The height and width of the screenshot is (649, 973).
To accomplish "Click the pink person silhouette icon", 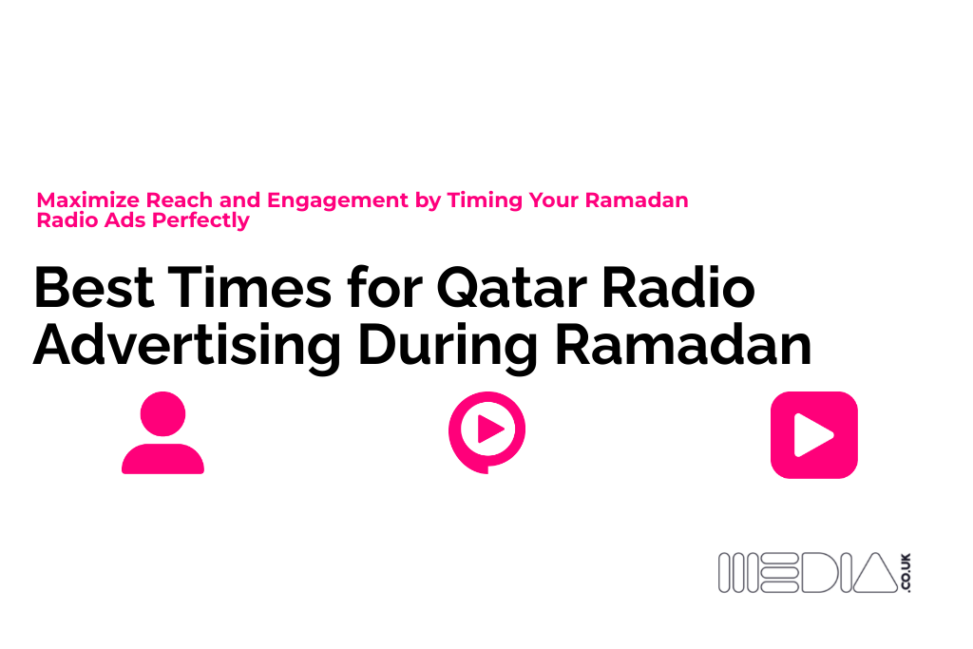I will pyautogui.click(x=162, y=433).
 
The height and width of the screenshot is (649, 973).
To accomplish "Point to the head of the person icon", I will pyautogui.click(x=162, y=413).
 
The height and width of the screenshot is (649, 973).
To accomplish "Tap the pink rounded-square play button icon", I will pyautogui.click(x=813, y=434).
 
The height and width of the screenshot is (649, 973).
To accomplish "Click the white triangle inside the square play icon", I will pyautogui.click(x=814, y=435).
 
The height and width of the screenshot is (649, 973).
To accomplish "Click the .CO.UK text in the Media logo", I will pyautogui.click(x=906, y=573).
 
